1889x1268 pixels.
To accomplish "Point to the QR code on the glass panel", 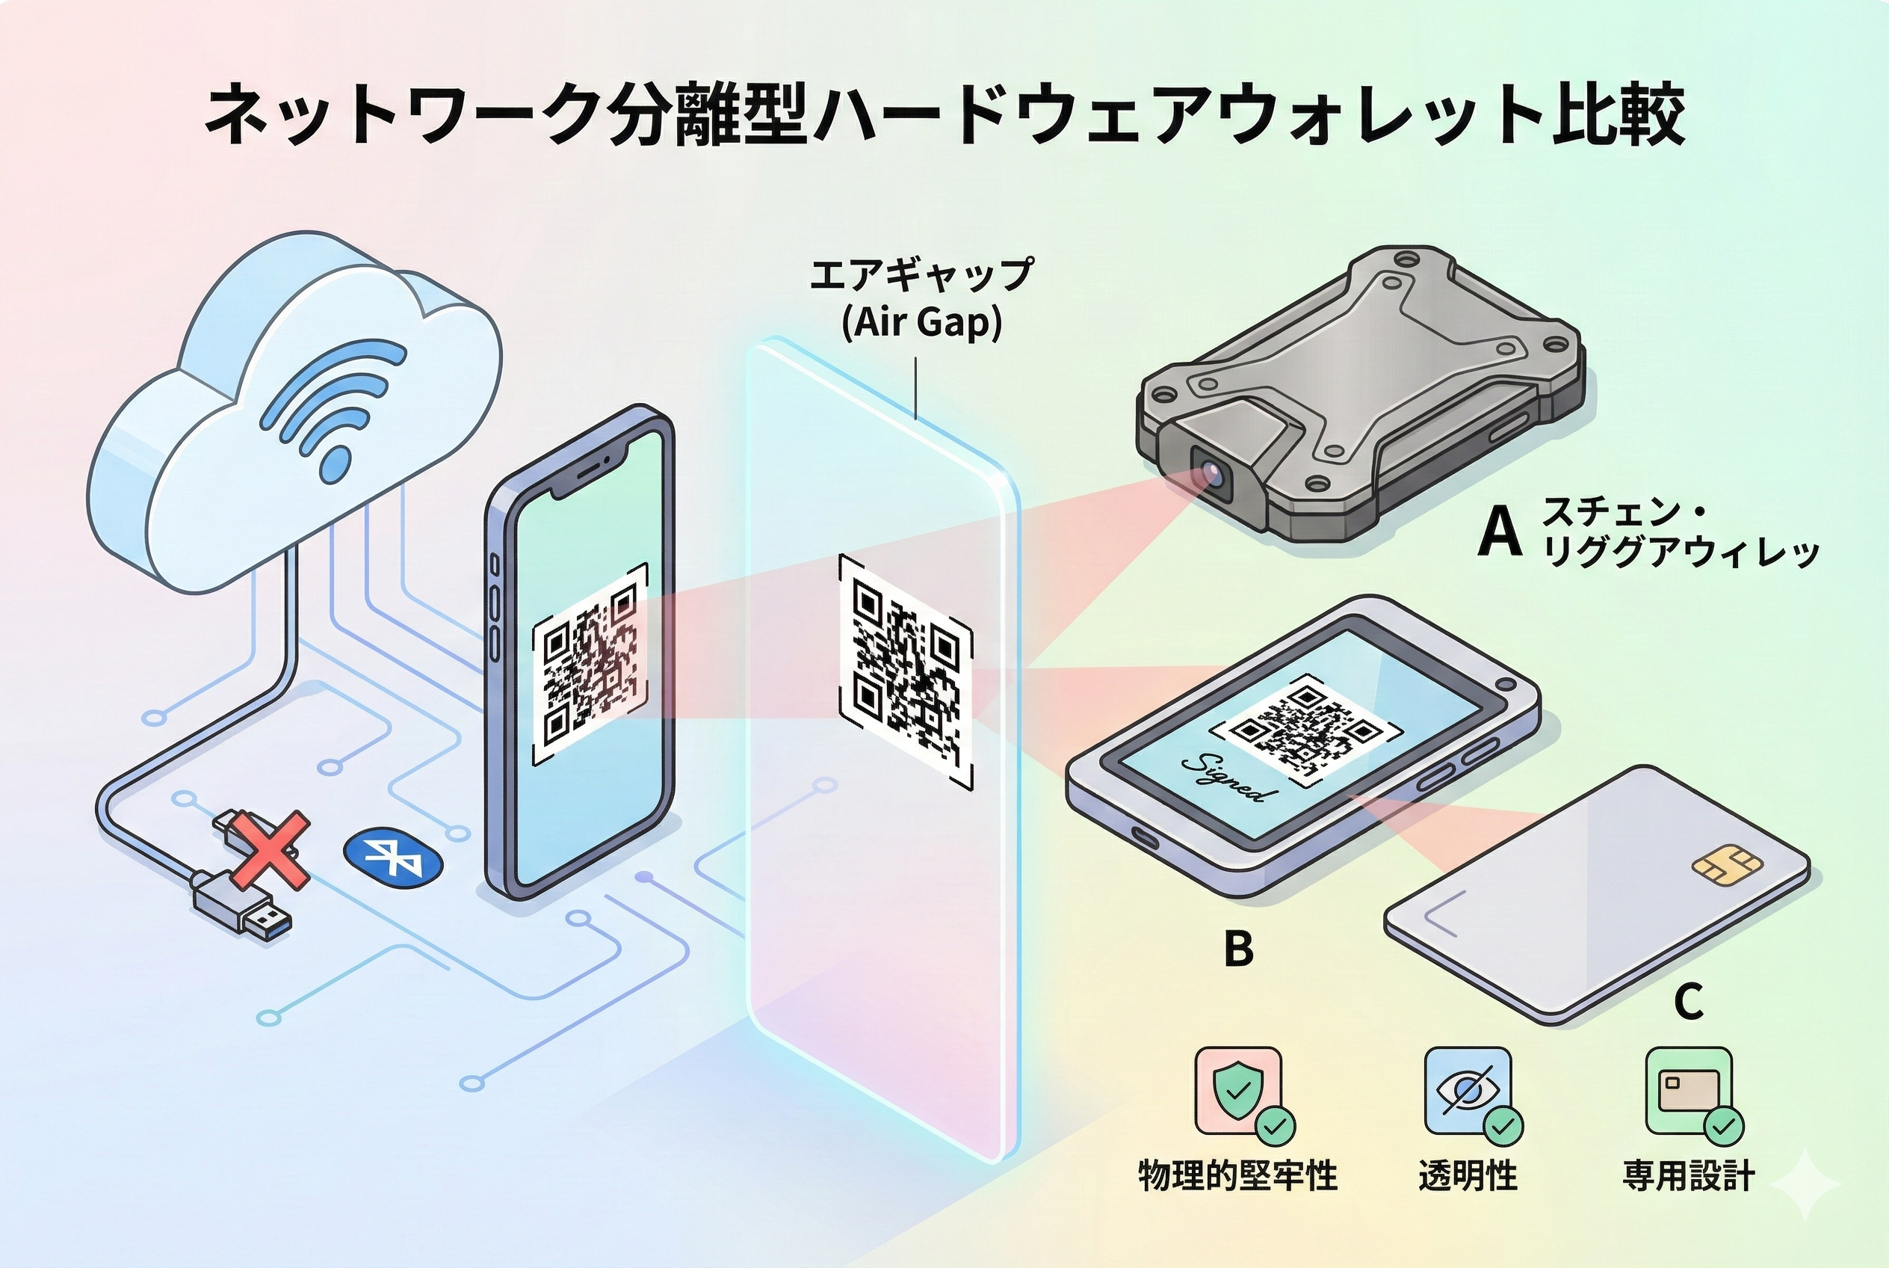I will [x=906, y=671].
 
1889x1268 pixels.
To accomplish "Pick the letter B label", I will [x=1238, y=949].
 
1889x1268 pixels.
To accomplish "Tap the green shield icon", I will [x=1237, y=1090].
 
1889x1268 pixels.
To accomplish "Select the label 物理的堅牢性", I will [x=1237, y=1175].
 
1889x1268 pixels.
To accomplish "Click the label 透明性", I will [x=1468, y=1175].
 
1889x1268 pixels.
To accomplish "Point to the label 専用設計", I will [x=1689, y=1175].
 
